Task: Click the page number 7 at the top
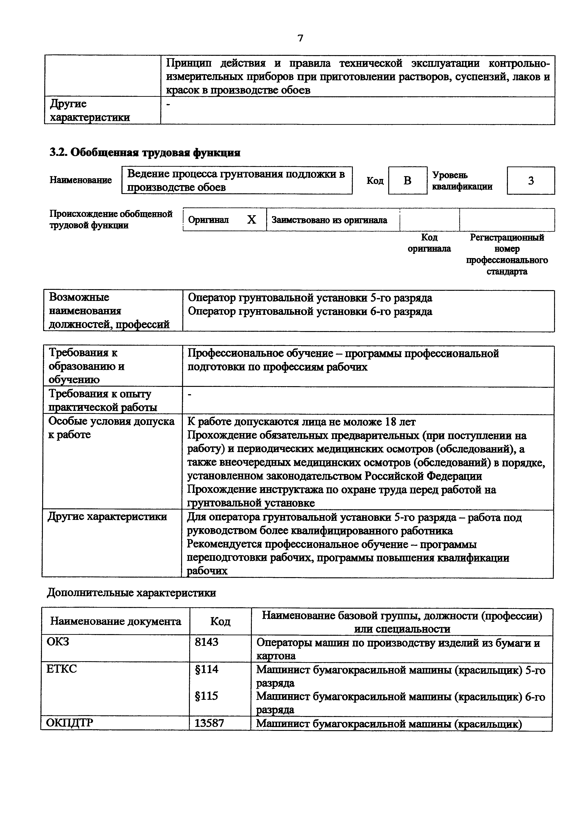tap(300, 38)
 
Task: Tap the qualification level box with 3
tap(531, 181)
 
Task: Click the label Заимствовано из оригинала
tap(329, 220)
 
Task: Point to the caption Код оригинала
tap(429, 243)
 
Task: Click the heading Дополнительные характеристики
tap(131, 592)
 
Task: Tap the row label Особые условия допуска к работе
tap(111, 428)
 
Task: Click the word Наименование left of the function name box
tap(81, 180)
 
